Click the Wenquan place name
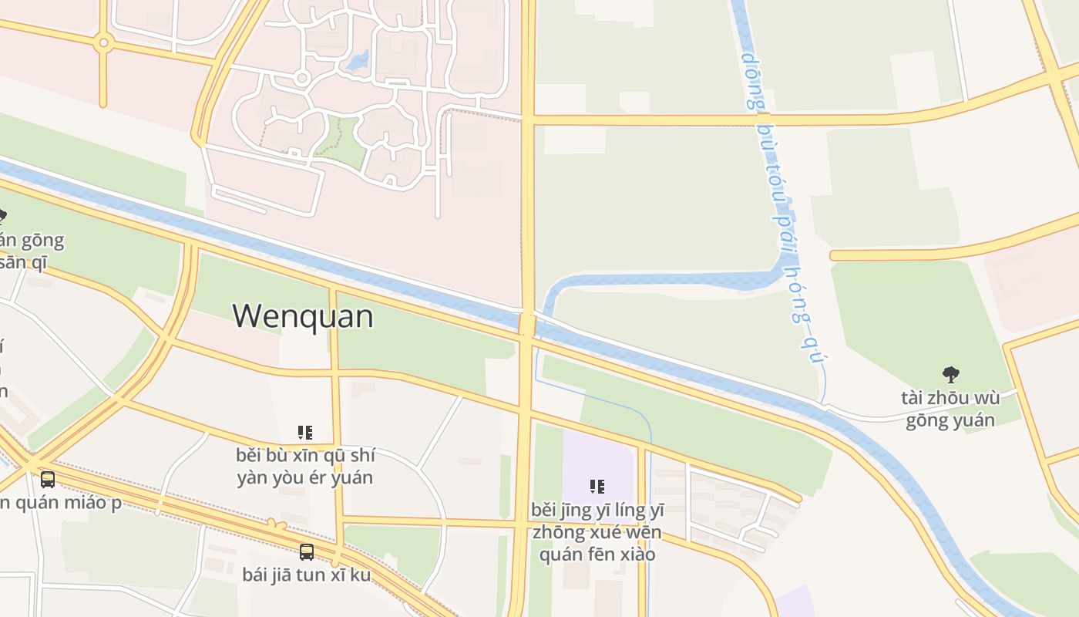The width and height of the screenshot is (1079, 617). point(303,316)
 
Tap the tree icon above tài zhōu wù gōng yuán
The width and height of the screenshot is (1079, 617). point(951,375)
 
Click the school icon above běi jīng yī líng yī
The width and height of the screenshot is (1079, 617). point(597,487)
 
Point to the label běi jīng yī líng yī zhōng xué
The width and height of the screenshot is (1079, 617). point(597,521)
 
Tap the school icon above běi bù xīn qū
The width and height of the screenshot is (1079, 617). point(304,432)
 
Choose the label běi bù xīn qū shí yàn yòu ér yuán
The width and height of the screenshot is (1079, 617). point(304,466)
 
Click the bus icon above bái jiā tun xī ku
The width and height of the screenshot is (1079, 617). point(307,551)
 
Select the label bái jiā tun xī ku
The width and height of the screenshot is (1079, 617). point(307,575)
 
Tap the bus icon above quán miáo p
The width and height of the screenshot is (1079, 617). point(48,480)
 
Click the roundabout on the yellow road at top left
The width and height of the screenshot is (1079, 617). point(103,43)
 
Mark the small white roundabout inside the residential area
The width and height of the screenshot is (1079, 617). point(302,78)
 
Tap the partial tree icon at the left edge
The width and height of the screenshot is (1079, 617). point(2,215)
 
